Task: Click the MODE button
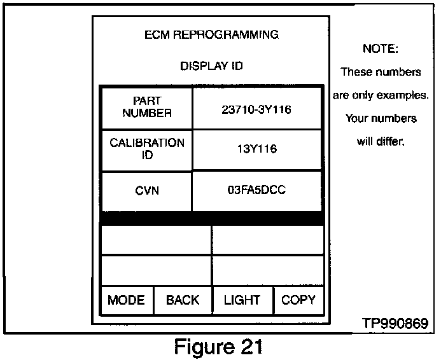click(126, 300)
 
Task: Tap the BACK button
click(183, 300)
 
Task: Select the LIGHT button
click(242, 300)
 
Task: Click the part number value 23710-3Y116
click(256, 109)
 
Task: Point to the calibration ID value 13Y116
click(256, 149)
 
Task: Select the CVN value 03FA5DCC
click(256, 190)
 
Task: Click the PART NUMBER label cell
click(147, 107)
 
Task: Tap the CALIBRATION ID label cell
click(147, 149)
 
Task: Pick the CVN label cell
click(147, 190)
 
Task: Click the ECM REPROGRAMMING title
click(211, 34)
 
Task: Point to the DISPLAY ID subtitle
click(211, 66)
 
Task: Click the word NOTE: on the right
click(381, 48)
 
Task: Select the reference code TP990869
click(395, 324)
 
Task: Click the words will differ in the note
click(381, 141)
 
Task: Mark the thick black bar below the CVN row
click(211, 218)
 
